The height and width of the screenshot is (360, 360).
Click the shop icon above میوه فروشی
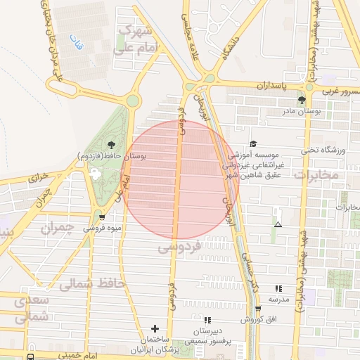103,217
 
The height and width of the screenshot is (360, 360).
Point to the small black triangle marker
278,225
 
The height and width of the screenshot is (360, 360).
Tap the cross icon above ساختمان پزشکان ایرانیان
155,328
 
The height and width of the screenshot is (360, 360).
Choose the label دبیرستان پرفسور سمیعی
207,334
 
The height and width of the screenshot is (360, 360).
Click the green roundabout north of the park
132,101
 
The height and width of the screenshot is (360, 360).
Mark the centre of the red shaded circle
181,179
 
